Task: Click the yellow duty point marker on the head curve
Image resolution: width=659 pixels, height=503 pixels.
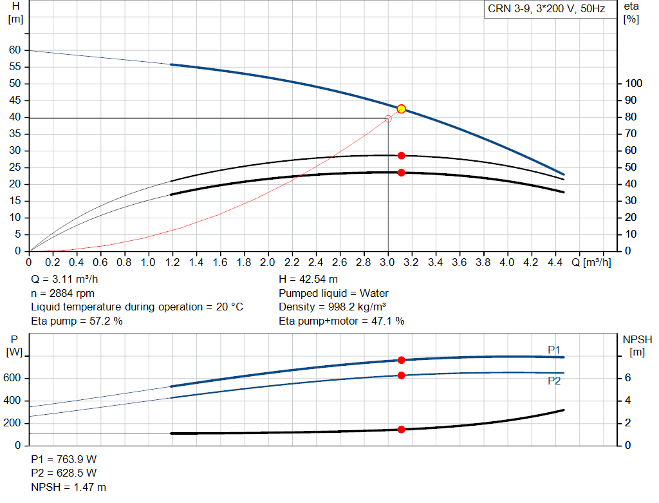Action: tap(401, 109)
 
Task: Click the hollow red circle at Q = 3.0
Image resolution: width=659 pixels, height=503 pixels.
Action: tap(388, 119)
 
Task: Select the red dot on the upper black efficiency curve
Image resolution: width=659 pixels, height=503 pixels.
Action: tap(401, 156)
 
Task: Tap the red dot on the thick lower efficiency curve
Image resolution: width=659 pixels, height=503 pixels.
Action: tap(401, 173)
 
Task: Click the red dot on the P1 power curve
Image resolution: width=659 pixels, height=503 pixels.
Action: tap(401, 360)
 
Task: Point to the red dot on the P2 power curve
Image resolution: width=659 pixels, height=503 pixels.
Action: tap(401, 375)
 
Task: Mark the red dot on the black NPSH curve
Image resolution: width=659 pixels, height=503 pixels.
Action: tap(401, 430)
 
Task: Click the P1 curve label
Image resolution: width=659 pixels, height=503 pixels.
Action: tap(554, 349)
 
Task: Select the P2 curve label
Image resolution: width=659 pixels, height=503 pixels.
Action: tap(554, 381)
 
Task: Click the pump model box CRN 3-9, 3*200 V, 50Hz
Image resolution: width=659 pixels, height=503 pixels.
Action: tap(546, 10)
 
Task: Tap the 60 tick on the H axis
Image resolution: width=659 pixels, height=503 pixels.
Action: tap(14, 50)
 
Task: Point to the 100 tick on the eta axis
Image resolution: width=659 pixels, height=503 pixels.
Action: tap(634, 84)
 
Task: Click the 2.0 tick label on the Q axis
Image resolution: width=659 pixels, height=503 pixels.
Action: tap(268, 263)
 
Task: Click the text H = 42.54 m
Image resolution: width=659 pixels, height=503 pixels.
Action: tap(308, 280)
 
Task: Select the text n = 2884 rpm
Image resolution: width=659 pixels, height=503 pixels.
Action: tap(63, 293)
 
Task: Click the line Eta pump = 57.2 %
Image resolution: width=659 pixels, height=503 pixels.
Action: tap(77, 321)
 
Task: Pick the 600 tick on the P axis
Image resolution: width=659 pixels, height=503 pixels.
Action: tap(14, 378)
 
